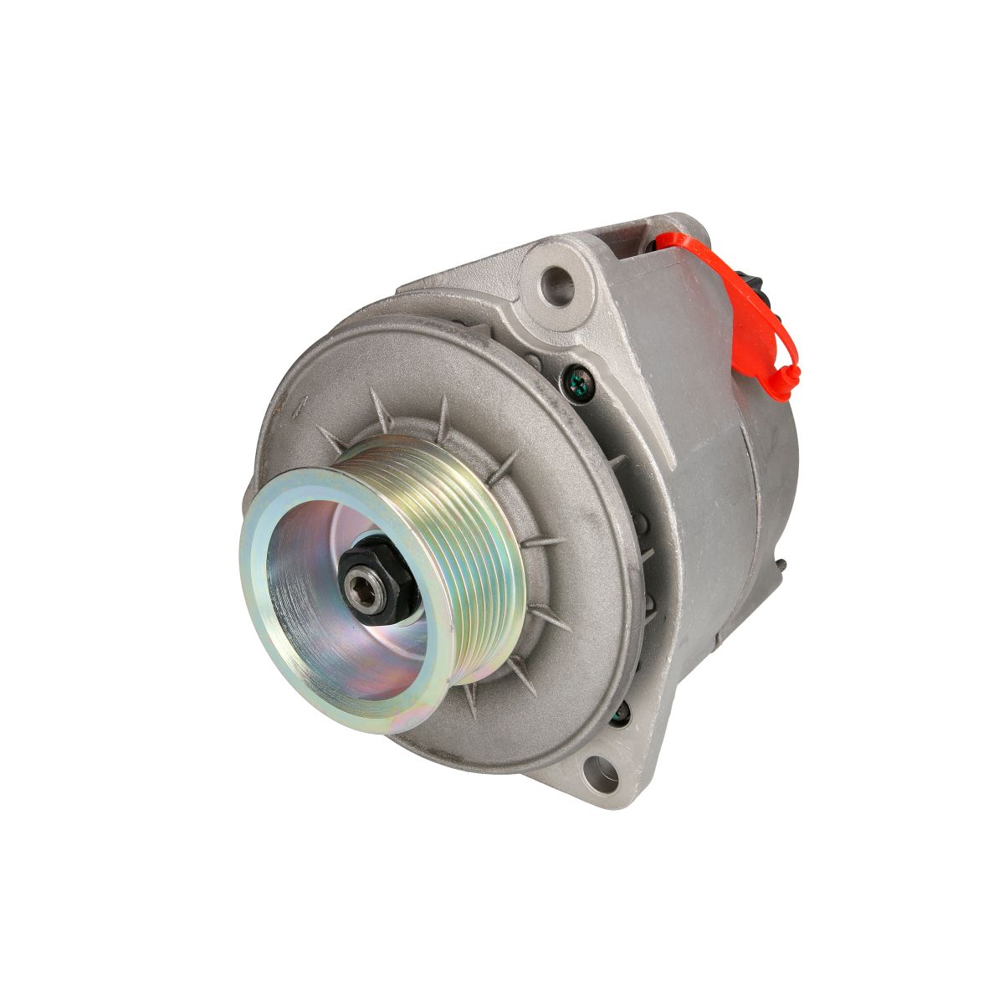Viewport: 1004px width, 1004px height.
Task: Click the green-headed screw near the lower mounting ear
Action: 620,714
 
